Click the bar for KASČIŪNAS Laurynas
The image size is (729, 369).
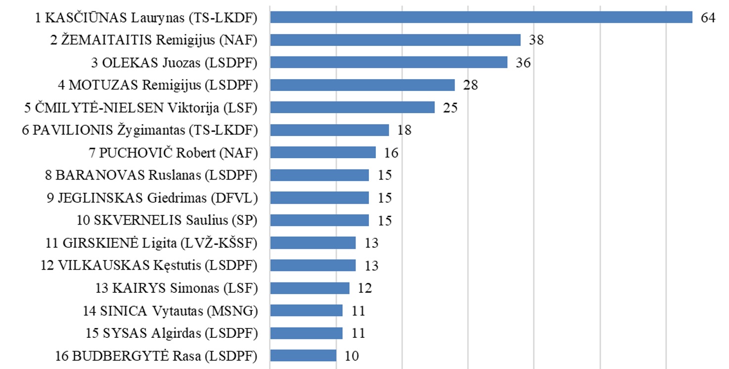[481, 17]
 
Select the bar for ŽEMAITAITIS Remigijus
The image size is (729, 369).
[395, 40]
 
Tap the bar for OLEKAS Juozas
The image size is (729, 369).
[389, 62]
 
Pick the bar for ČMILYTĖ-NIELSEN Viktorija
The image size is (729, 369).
[352, 107]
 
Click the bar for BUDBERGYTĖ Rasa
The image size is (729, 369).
[303, 356]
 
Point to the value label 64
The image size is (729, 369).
[708, 17]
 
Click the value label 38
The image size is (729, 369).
[536, 40]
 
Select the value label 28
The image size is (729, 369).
[470, 85]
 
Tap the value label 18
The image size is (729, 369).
[404, 130]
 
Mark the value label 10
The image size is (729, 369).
[351, 356]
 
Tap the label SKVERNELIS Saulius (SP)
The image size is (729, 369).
[167, 220]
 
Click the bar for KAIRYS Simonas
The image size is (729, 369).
[310, 288]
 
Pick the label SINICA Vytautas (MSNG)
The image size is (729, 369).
[170, 311]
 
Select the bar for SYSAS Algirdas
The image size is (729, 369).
[306, 333]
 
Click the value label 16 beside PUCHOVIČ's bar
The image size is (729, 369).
[391, 153]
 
